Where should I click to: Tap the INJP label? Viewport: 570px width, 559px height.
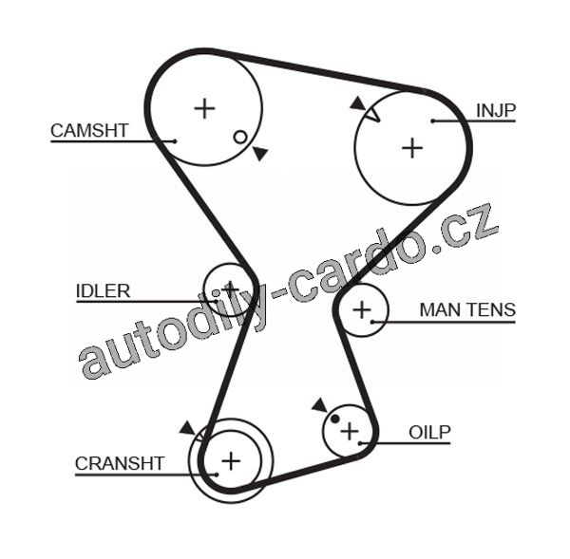pyautogui.click(x=495, y=111)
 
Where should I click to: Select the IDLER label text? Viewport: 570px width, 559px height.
pyautogui.click(x=103, y=291)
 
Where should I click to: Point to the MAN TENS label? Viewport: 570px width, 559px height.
pyautogui.click(x=467, y=309)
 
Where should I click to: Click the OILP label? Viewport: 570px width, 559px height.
pyautogui.click(x=429, y=433)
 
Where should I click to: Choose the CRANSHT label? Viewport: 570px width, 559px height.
pyautogui.click(x=120, y=463)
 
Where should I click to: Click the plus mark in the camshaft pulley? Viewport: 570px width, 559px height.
pyautogui.click(x=204, y=107)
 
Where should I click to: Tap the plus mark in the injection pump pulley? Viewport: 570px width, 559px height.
pyautogui.click(x=411, y=147)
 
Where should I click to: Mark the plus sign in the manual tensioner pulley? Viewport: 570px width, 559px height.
pyautogui.click(x=362, y=309)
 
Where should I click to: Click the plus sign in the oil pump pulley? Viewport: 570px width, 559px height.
pyautogui.click(x=350, y=431)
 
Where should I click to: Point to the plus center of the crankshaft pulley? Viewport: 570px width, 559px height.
pyautogui.click(x=230, y=461)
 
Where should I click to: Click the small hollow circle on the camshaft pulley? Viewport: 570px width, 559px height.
pyautogui.click(x=240, y=137)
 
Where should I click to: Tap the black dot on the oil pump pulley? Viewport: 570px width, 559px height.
pyautogui.click(x=335, y=419)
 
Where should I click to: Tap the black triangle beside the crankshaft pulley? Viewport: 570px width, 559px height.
pyautogui.click(x=187, y=428)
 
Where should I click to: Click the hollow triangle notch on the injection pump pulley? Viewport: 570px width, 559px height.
pyautogui.click(x=372, y=114)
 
